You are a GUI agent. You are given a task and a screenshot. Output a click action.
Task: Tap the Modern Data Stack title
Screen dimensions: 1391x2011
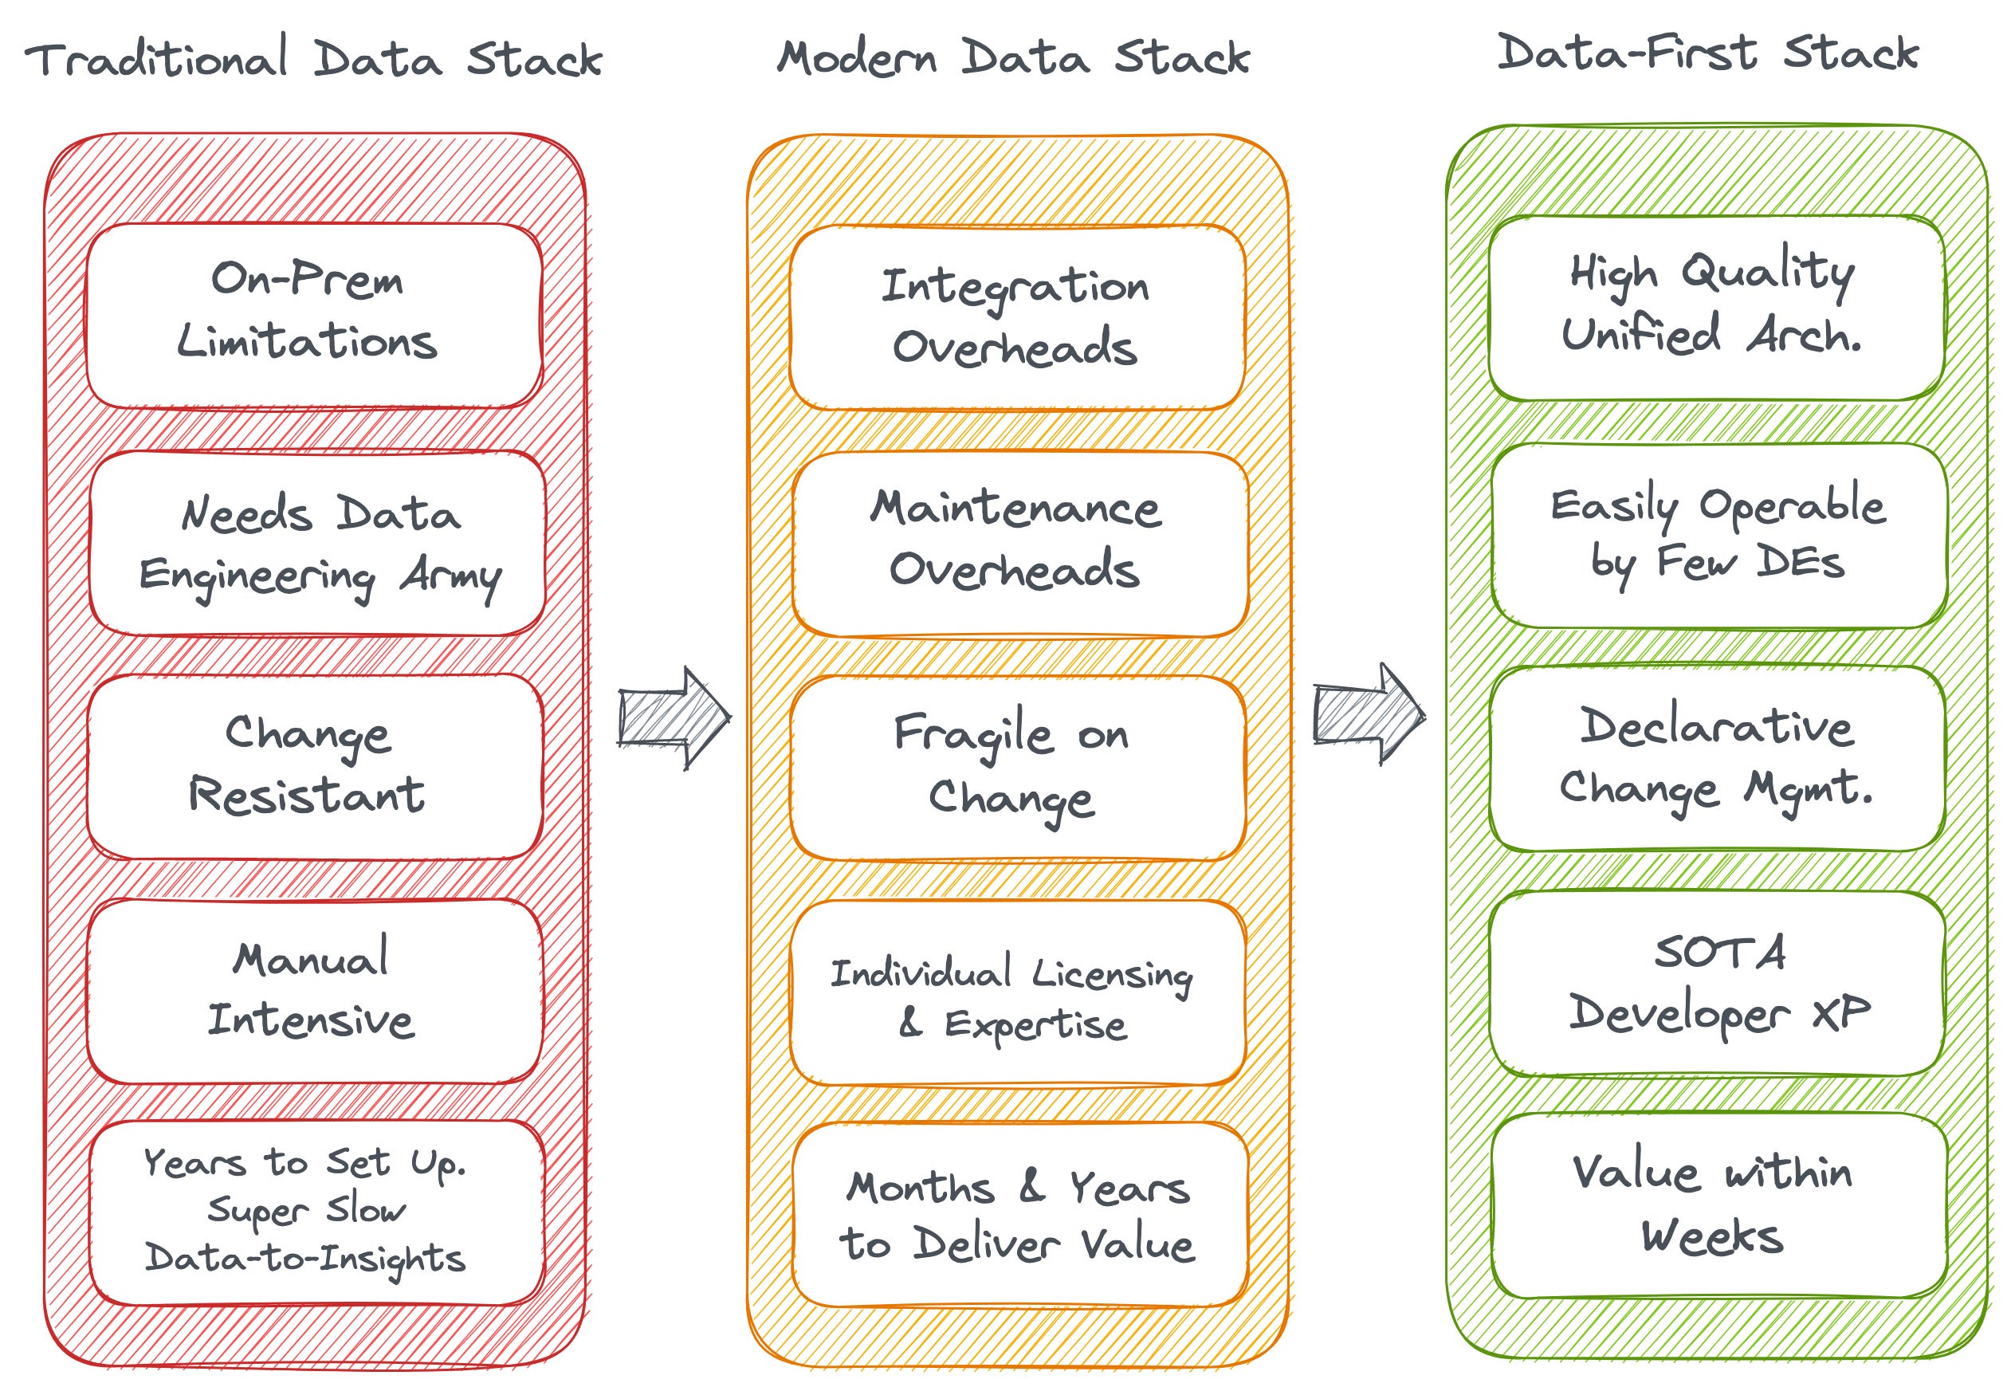point(1012,57)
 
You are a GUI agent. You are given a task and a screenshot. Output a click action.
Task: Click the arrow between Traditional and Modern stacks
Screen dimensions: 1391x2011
point(673,717)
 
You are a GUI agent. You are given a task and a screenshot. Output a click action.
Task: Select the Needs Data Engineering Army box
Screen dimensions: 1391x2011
point(317,542)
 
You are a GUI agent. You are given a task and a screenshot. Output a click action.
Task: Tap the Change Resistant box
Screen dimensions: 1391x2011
point(314,765)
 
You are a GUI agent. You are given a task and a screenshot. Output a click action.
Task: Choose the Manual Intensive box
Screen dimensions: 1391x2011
point(314,990)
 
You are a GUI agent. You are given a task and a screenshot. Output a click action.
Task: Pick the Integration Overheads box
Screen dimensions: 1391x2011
point(1016,317)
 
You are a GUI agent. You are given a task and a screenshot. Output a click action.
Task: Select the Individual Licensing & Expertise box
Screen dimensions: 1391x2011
point(1016,993)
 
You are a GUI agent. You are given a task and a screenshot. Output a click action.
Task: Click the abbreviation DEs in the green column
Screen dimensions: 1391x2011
point(1799,562)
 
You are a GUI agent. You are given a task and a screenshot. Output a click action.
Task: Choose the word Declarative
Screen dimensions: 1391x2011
point(1717,727)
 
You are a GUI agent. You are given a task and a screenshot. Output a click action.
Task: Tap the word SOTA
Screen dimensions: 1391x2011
point(1719,952)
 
